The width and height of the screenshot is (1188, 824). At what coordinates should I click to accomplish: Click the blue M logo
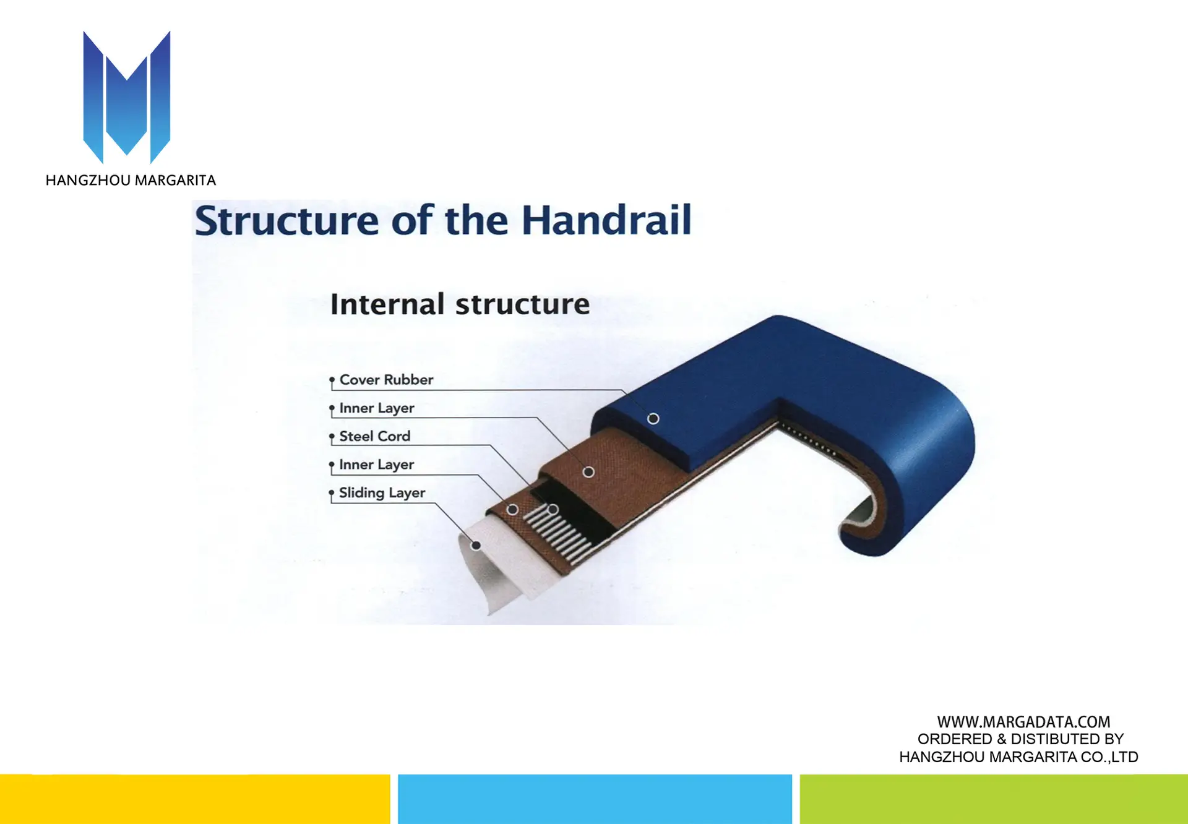point(127,97)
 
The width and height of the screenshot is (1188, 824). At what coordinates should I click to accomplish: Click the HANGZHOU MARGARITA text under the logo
point(131,181)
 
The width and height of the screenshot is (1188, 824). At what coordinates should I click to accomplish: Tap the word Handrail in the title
point(606,220)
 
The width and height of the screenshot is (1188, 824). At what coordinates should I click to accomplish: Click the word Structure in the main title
point(286,221)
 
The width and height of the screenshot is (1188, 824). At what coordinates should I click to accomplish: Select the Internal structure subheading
point(460,304)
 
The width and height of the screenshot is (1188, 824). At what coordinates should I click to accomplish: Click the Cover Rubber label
point(386,379)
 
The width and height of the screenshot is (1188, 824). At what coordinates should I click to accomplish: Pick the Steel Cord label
point(375,436)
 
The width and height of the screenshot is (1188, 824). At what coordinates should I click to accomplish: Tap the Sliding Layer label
point(382,493)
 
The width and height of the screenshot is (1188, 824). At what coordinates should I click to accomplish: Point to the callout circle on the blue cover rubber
point(653,419)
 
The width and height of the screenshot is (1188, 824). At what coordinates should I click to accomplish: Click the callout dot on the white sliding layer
point(476,545)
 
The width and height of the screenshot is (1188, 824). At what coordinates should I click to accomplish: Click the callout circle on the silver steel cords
point(553,510)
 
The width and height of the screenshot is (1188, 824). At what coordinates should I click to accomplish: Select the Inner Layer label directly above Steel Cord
point(377,408)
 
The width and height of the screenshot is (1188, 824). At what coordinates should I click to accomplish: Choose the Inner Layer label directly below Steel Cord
point(377,465)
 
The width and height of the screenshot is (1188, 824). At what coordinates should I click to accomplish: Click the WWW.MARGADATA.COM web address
point(1023,722)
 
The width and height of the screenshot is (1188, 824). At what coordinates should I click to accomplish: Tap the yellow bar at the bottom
point(195,799)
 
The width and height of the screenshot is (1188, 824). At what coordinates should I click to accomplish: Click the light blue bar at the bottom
point(595,799)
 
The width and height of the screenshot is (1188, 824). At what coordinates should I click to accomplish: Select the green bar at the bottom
point(994,799)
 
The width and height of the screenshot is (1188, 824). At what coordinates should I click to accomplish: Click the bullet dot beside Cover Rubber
point(332,379)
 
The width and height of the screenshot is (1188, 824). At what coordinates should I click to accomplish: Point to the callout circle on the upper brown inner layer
point(588,472)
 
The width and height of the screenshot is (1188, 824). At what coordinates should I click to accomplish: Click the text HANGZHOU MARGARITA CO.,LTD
point(1018,757)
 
